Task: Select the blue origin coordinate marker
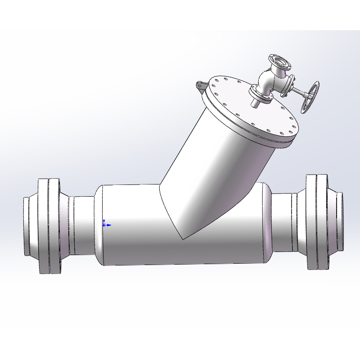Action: (104, 224)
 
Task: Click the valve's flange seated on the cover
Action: (261, 94)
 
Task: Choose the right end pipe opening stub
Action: (340, 221)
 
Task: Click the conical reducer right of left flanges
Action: (65, 225)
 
